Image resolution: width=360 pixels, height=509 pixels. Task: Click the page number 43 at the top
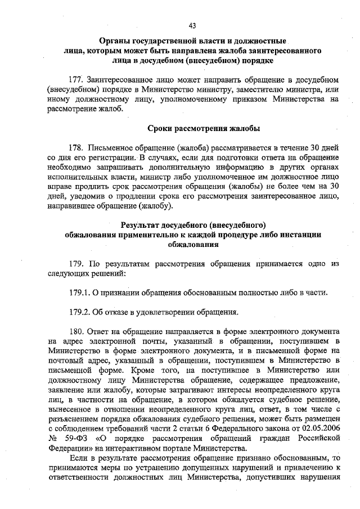(192, 25)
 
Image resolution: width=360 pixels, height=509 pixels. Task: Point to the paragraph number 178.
(76, 147)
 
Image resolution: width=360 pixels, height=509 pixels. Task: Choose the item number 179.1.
(78, 292)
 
